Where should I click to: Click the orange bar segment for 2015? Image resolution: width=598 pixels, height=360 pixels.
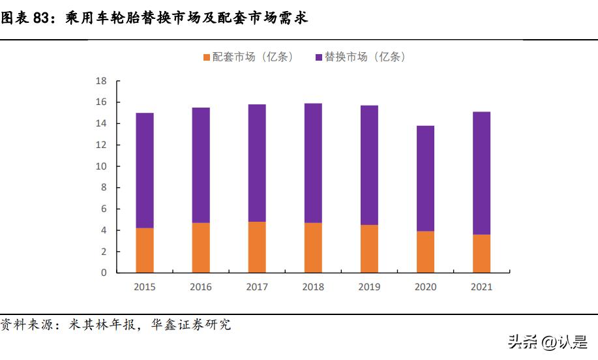click(145, 250)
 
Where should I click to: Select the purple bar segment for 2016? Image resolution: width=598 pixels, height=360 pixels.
click(201, 165)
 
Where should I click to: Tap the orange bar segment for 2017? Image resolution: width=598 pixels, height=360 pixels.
click(257, 247)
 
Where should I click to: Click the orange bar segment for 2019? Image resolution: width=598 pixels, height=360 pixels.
click(369, 248)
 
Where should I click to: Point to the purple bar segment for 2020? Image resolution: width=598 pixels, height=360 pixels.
click(425, 178)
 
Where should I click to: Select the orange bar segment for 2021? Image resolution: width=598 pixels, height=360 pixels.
click(481, 254)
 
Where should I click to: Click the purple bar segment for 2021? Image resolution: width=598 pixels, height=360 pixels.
click(481, 173)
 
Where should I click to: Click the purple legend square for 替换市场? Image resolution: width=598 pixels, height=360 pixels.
click(319, 57)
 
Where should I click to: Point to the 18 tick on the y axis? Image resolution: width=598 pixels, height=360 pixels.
click(101, 81)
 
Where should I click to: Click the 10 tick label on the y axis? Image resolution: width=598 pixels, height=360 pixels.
click(101, 166)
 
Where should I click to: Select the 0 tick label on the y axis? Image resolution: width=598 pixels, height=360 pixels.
click(104, 273)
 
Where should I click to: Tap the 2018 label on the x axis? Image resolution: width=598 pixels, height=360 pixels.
click(313, 287)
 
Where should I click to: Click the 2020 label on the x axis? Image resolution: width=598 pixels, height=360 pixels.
click(425, 287)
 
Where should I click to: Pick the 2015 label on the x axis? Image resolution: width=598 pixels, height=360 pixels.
click(145, 287)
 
